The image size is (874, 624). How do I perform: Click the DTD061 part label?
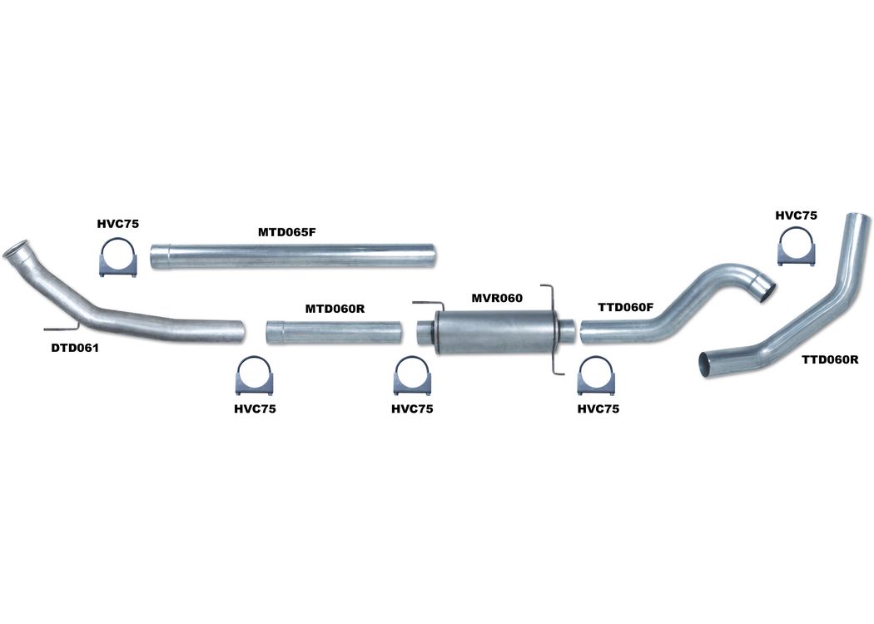[74, 349]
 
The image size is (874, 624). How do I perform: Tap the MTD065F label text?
[286, 232]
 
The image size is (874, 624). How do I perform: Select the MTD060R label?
[335, 308]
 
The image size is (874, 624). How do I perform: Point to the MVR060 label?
[497, 298]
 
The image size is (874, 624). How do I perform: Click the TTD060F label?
[625, 307]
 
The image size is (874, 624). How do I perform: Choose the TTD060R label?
[831, 360]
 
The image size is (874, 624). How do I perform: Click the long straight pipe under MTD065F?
[292, 255]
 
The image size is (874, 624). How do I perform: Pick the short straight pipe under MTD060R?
[333, 331]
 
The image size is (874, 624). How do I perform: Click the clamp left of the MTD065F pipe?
[117, 258]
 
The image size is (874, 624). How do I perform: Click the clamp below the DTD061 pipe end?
[255, 375]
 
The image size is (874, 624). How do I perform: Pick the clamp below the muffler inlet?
[413, 375]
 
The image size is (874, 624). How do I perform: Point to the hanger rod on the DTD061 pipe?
[62, 326]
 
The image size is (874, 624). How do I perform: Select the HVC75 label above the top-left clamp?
[117, 225]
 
